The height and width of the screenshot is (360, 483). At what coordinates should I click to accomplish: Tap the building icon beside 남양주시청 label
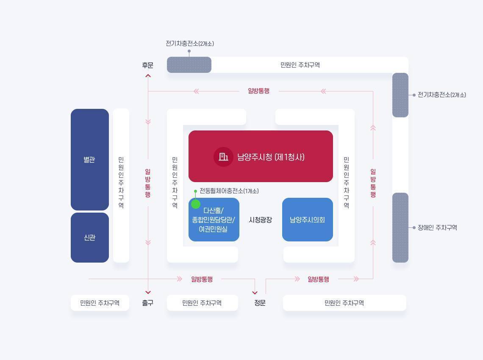point(223,157)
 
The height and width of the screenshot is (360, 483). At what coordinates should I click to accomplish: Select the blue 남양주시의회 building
point(308,219)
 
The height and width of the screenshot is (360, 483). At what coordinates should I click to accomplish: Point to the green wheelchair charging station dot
point(196,204)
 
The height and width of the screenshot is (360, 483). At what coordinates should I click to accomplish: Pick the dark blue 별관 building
point(89,160)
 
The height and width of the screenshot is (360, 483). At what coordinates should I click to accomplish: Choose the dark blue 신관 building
point(89,238)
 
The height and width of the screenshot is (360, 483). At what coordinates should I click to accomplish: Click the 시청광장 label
point(261,220)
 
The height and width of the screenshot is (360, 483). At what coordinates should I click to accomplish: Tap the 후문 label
point(148,65)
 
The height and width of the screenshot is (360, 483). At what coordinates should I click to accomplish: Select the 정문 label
point(260,303)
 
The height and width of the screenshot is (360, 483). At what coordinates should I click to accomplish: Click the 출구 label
point(148,303)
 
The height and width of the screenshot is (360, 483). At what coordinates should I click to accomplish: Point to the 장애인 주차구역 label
point(437,227)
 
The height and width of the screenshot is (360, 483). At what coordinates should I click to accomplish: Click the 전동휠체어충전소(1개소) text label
point(229,191)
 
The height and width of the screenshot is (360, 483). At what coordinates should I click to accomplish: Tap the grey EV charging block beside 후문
point(189,65)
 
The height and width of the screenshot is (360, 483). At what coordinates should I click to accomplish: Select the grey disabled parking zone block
point(400,227)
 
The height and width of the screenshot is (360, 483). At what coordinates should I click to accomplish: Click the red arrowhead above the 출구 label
point(148,292)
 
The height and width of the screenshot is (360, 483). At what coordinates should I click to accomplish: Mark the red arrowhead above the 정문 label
point(255,293)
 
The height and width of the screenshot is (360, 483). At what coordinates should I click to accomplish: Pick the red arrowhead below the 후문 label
point(148,76)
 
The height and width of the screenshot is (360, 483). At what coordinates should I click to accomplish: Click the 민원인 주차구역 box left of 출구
point(100,303)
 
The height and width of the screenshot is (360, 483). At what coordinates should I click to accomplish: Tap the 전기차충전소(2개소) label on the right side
point(442,95)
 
